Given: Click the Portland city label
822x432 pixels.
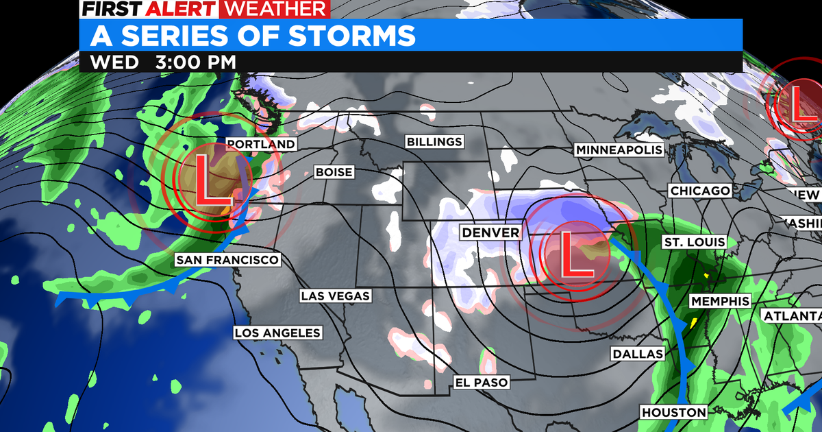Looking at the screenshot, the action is pyautogui.click(x=261, y=144).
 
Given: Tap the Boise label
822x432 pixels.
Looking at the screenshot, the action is pyautogui.click(x=334, y=172).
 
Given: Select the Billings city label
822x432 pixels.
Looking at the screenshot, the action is pyautogui.click(x=434, y=142).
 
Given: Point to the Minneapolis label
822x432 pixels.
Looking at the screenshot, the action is pyautogui.click(x=619, y=149).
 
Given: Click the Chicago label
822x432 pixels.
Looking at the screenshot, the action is pyautogui.click(x=701, y=191).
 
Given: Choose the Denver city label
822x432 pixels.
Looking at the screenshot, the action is pyautogui.click(x=490, y=232).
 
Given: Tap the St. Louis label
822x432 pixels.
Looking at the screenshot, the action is pyautogui.click(x=693, y=242).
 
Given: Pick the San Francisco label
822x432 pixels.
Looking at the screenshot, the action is pyautogui.click(x=227, y=260).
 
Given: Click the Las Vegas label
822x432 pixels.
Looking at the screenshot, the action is pyautogui.click(x=335, y=296).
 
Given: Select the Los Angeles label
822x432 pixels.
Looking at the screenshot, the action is pyautogui.click(x=277, y=333).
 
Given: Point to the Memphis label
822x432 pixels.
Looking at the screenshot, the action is pyautogui.click(x=720, y=301).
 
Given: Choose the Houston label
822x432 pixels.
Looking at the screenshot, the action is pyautogui.click(x=673, y=412).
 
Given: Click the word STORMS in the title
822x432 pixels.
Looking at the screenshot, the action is pyautogui.click(x=346, y=34).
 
